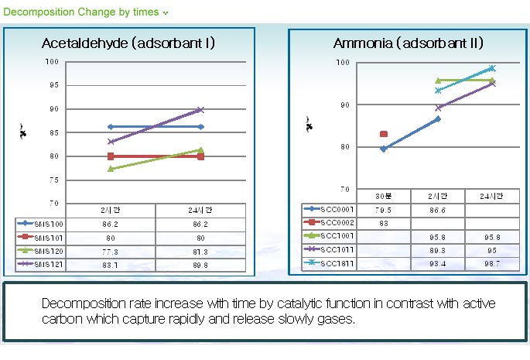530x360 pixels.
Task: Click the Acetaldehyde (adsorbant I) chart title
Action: point(128,43)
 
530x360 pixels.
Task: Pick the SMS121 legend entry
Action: point(39,264)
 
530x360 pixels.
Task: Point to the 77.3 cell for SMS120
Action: point(111,250)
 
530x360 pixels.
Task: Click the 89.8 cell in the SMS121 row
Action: point(200,264)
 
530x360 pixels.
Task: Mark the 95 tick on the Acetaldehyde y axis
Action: point(52,85)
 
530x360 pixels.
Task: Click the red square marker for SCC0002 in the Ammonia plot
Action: point(384,134)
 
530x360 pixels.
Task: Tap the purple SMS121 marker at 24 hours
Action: point(200,110)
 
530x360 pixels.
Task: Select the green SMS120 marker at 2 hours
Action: point(111,168)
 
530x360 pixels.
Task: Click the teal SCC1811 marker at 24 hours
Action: point(492,68)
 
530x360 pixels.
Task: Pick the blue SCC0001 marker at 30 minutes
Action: point(383,149)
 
